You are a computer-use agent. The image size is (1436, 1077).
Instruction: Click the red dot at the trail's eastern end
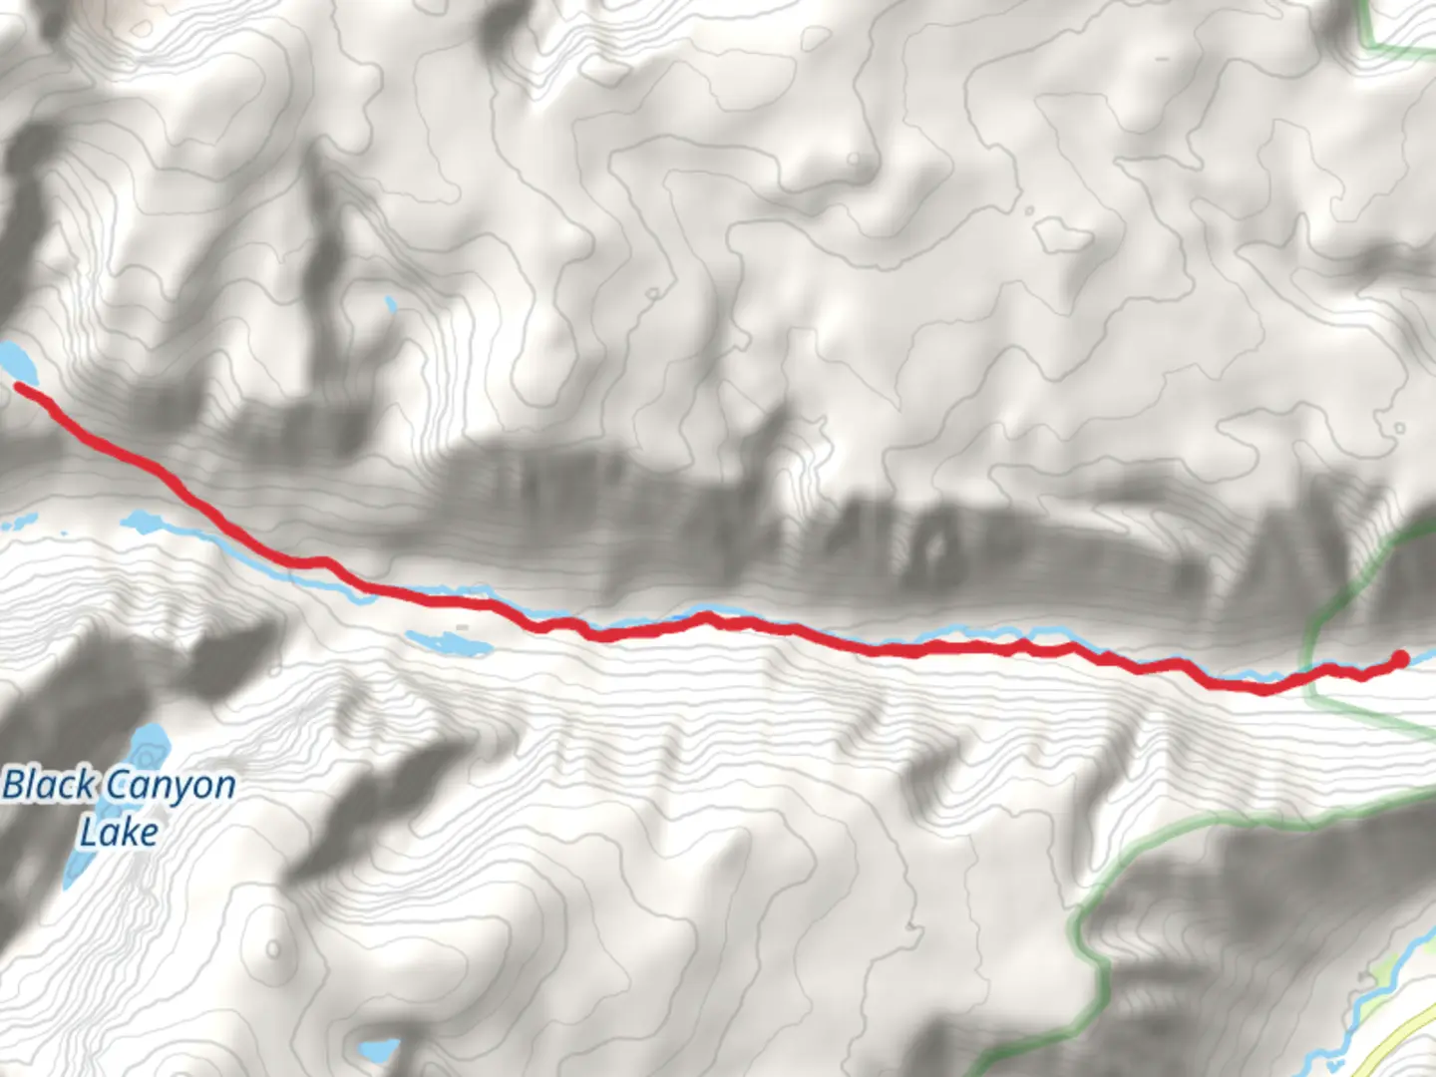coord(1399,658)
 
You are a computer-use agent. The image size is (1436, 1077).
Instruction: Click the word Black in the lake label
coord(48,786)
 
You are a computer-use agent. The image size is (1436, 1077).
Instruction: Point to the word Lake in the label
coord(119,832)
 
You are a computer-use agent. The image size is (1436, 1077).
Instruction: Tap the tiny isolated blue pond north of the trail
coord(390,303)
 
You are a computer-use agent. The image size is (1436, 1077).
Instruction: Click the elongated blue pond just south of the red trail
coord(449,642)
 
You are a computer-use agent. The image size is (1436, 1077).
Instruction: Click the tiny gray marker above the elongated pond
coord(461,627)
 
